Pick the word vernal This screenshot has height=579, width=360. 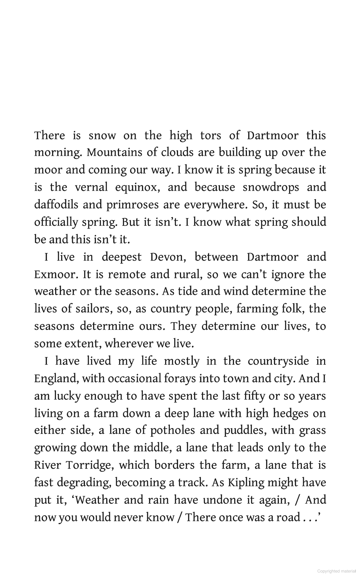click(91, 187)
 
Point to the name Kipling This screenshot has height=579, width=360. click(246, 483)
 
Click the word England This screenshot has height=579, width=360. click(55, 379)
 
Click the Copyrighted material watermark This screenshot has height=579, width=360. click(336, 571)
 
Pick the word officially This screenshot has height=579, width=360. click(56, 222)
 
